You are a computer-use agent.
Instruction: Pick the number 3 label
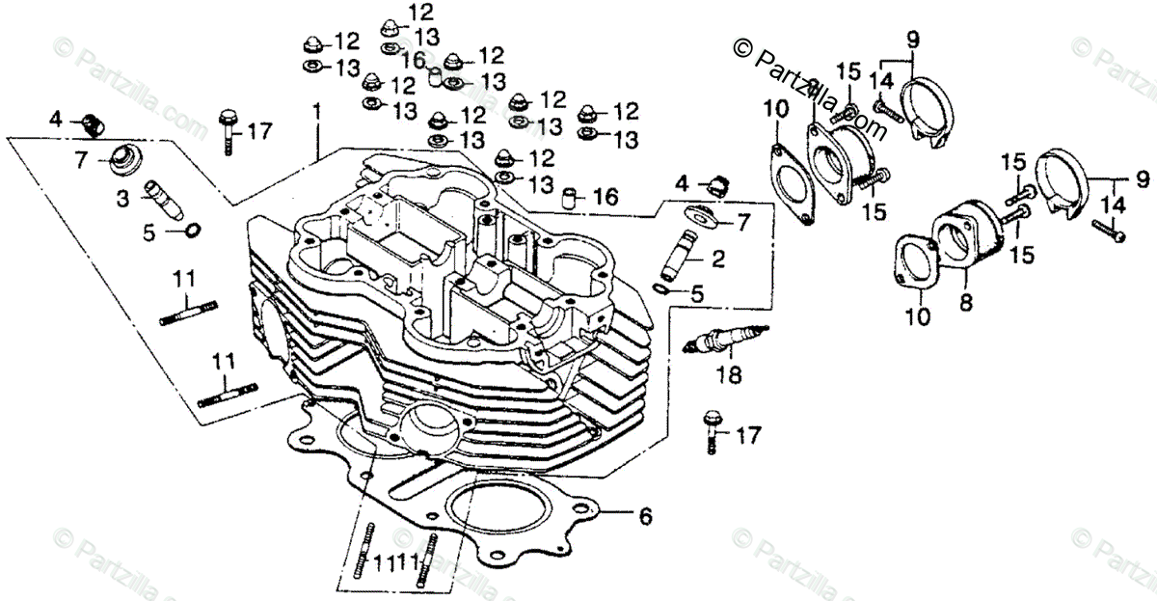click(x=123, y=200)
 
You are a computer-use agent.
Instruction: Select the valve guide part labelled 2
click(x=679, y=255)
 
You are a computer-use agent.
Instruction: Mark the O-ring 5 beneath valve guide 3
click(x=192, y=231)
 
